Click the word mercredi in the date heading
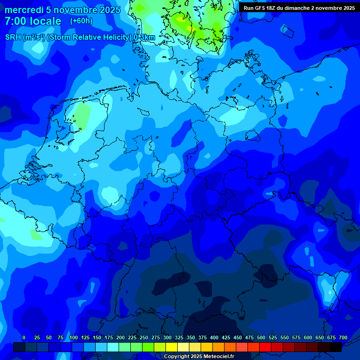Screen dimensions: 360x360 pyautogui.click(x=23, y=10)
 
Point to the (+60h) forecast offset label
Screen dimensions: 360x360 pyautogui.click(x=81, y=21)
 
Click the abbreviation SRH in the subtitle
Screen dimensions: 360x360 pyautogui.click(x=13, y=37)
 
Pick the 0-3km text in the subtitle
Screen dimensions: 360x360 pyautogui.click(x=144, y=37)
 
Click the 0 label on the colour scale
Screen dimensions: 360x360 pyautogui.click(x=24, y=337)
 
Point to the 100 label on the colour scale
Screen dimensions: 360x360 pyautogui.click(x=74, y=337)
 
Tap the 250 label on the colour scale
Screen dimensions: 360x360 pyautogui.click(x=144, y=337)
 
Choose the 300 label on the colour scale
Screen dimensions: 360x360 pyautogui.click(x=167, y=337)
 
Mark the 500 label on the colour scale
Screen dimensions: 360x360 pyautogui.click(x=261, y=337)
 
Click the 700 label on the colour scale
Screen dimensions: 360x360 pyautogui.click(x=343, y=337)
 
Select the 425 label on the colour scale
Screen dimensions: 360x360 pyautogui.click(x=226, y=337)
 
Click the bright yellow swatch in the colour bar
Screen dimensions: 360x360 pyautogui.click(x=172, y=347)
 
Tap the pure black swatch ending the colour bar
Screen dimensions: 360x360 pyautogui.click(x=336, y=347)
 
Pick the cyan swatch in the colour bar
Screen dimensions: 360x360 pyautogui.click(x=113, y=347)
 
